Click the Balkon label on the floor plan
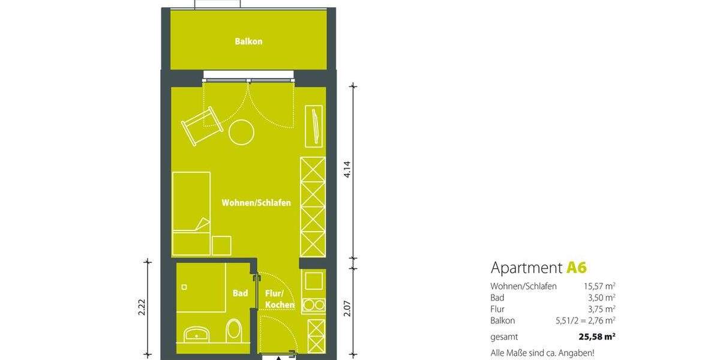pos(248,42)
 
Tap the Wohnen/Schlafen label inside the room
pos(256,203)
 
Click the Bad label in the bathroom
pos(240,293)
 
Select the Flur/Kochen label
pos(280,299)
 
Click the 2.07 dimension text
pos(346,308)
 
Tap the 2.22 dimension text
pos(142,307)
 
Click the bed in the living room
pos(191,213)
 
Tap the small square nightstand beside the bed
pos(222,245)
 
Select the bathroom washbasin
pos(197,333)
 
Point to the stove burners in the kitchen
pos(313,305)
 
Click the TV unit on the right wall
pos(313,126)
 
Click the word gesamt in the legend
pos(504,337)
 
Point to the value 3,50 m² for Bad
pos(602,298)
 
